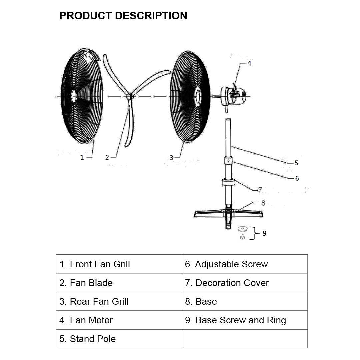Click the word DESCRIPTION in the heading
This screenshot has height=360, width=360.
point(151,16)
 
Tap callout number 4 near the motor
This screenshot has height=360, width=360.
point(249,63)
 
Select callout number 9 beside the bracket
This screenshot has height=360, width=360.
point(264,233)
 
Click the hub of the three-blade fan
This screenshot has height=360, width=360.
point(130,97)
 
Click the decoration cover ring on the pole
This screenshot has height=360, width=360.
point(228,183)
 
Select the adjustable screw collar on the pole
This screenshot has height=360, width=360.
point(228,161)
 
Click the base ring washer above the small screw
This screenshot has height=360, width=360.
point(243,229)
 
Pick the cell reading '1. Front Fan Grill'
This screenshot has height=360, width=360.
point(119,264)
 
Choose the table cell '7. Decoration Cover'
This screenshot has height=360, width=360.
point(244,283)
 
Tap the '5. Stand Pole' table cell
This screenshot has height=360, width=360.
point(119,339)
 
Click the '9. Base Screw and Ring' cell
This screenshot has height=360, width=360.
point(244,320)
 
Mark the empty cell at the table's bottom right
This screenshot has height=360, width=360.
point(244,339)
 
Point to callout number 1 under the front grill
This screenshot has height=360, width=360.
point(82,157)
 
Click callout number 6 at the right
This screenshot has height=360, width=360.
point(297,178)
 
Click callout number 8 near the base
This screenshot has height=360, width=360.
point(263,203)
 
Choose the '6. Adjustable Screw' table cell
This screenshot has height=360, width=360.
point(244,264)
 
